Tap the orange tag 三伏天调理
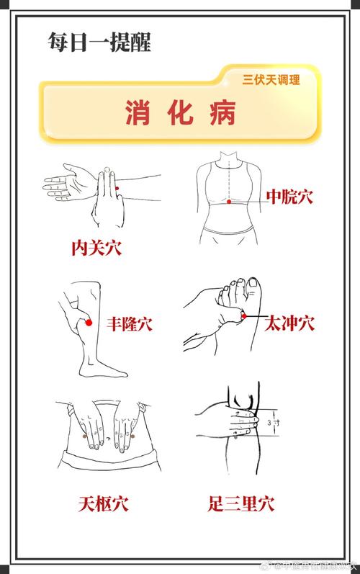click(271, 80)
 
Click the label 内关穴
click(96, 248)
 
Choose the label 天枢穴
click(103, 502)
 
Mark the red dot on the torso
click(229, 202)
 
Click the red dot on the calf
click(89, 324)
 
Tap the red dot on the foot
click(244, 316)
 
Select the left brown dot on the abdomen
click(86, 436)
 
